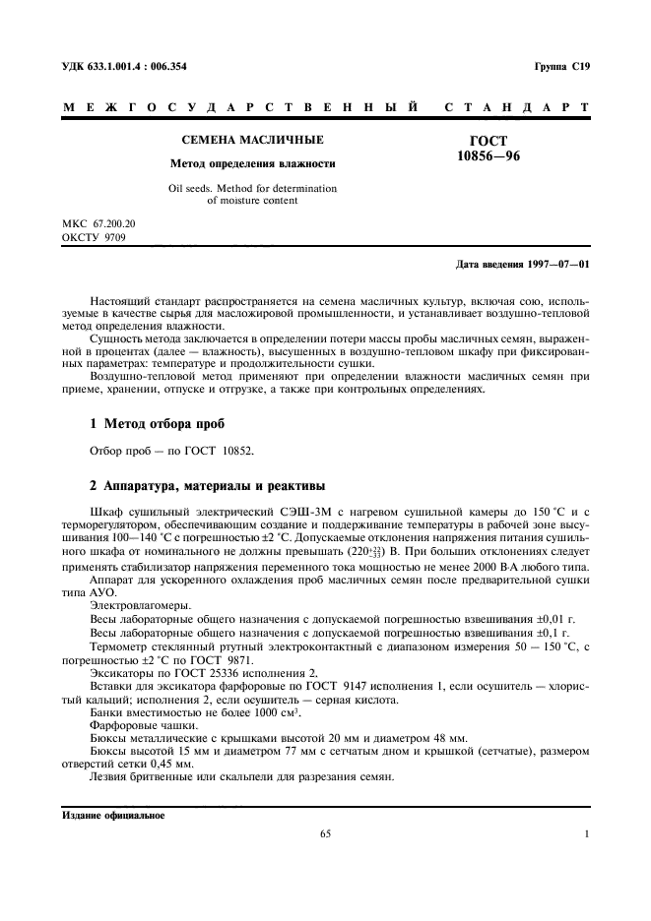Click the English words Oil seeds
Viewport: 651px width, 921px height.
(193, 187)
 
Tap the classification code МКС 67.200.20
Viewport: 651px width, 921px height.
(98, 224)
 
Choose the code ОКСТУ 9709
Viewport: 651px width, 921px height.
(92, 238)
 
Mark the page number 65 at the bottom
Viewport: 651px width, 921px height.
(326, 834)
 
